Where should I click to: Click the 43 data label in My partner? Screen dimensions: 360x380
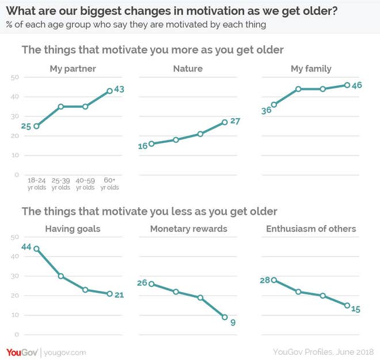[119, 90]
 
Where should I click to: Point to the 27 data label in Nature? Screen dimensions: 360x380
[234, 121]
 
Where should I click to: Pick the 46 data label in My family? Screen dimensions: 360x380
[357, 85]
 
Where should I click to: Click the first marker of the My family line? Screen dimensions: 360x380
[274, 104]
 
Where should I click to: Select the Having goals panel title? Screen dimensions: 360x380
[73, 229]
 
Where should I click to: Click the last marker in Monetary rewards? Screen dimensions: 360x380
[225, 317]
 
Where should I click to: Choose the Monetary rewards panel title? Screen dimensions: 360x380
[189, 229]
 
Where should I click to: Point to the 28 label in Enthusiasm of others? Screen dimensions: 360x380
[265, 280]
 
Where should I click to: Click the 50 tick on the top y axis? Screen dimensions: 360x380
[16, 77]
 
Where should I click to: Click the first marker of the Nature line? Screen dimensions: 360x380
[151, 143]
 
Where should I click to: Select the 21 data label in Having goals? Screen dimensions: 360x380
[119, 295]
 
